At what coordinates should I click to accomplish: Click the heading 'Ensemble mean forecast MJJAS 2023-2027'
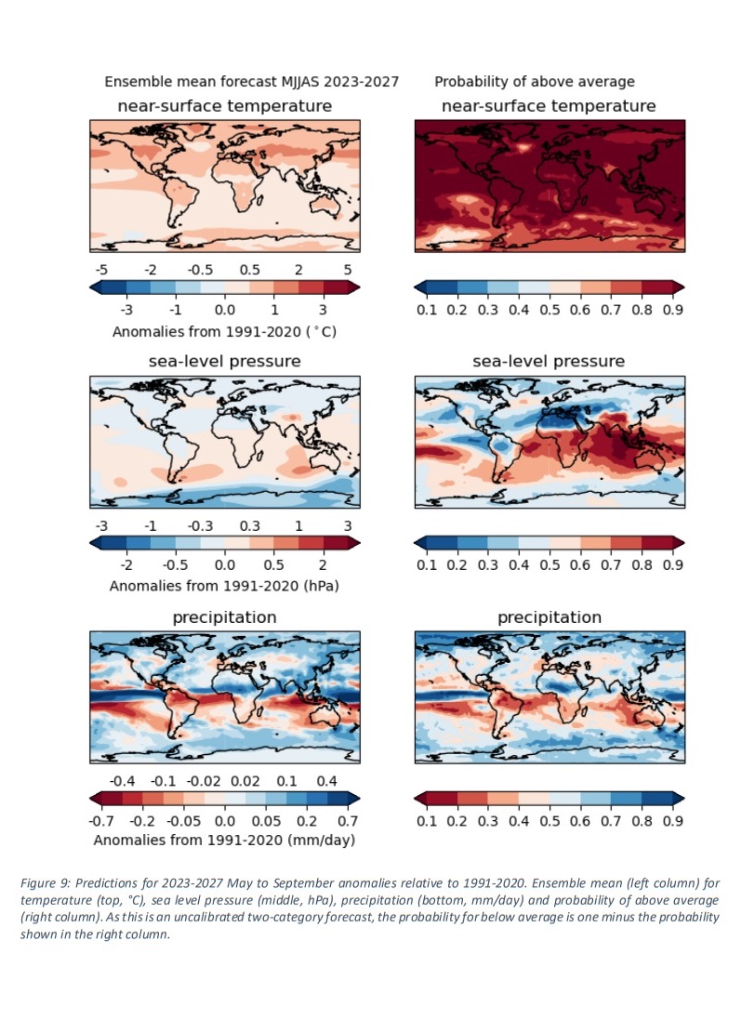click(251, 82)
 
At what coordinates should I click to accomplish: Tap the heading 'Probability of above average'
click(535, 82)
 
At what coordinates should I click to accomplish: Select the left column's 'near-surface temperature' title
click(224, 105)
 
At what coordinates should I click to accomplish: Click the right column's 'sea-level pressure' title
click(549, 361)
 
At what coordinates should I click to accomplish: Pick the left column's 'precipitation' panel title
click(224, 616)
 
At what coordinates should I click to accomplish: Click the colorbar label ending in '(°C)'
click(224, 331)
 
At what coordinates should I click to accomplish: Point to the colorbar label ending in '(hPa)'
click(224, 587)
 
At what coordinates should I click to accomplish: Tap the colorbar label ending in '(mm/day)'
click(224, 840)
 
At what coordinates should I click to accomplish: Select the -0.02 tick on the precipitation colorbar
click(206, 779)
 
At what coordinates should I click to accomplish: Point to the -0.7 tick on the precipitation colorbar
click(100, 821)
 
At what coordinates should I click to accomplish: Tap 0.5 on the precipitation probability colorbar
click(549, 821)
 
